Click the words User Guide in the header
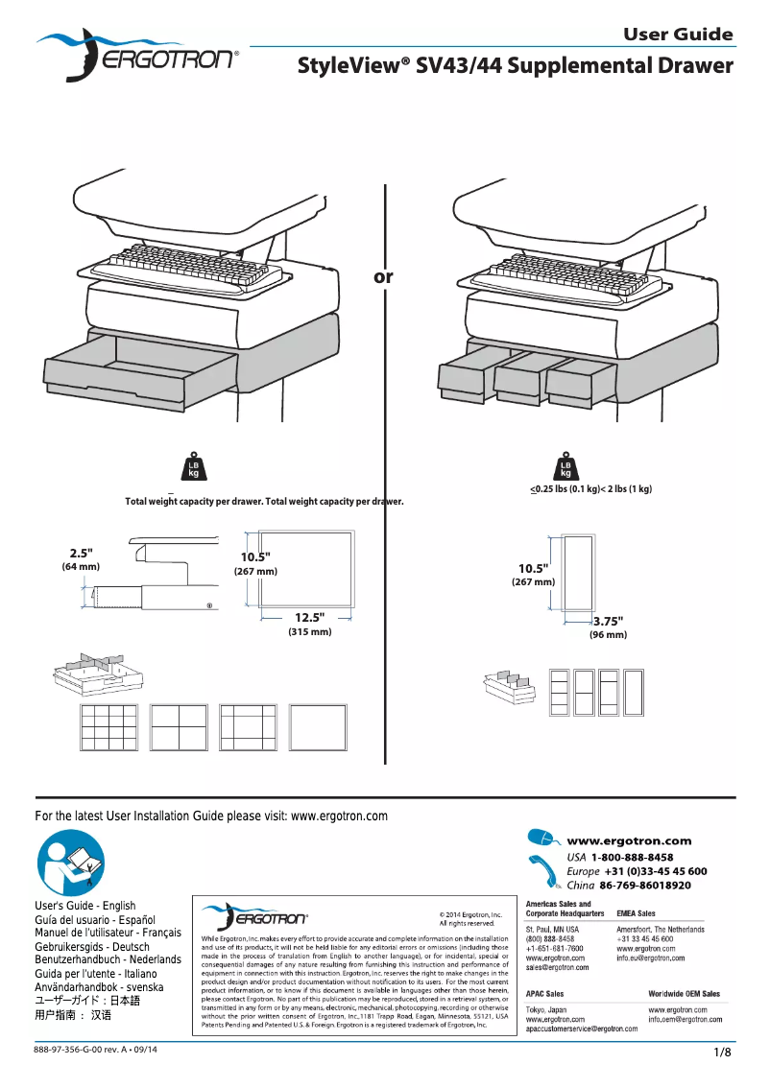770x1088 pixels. pos(678,35)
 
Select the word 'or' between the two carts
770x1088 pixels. pos(383,277)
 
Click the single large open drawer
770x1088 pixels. pos(139,370)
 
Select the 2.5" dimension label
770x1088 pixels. pos(81,553)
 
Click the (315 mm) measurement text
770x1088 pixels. pos(309,632)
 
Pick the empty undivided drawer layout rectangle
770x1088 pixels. pos(319,728)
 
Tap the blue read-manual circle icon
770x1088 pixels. pos(70,863)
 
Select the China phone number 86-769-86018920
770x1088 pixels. pos(645,885)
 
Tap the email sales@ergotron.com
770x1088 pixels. pos(558,968)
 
